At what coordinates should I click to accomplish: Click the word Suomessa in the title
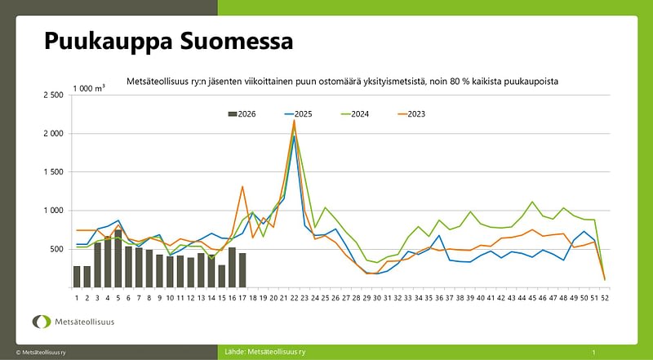pyautogui.click(x=232, y=42)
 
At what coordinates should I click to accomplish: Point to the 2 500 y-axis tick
pyautogui.click(x=52, y=96)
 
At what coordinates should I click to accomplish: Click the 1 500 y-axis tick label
pyautogui.click(x=52, y=172)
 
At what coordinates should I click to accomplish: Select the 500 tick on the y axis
pyautogui.click(x=56, y=249)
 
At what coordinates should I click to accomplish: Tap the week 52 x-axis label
pyautogui.click(x=605, y=297)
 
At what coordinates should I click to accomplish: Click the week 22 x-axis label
pyautogui.click(x=294, y=297)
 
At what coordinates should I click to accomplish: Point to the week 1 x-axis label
pyautogui.click(x=77, y=297)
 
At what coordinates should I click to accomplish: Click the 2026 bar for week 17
pyautogui.click(x=242, y=270)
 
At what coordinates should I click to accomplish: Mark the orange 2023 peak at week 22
pyautogui.click(x=294, y=121)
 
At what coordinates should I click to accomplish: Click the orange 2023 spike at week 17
pyautogui.click(x=242, y=187)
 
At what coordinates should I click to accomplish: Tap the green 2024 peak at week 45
pyautogui.click(x=532, y=202)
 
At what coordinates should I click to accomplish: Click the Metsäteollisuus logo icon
pyautogui.click(x=42, y=322)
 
